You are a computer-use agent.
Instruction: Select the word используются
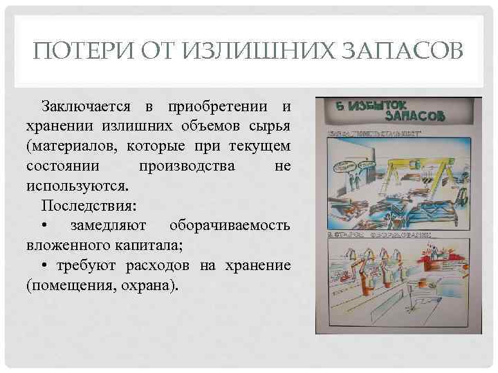tap(75, 186)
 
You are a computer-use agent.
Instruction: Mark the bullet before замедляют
tap(44, 227)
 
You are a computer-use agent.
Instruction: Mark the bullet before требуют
tap(44, 266)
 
